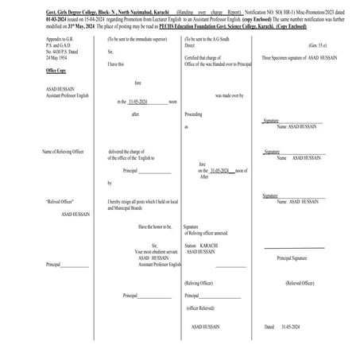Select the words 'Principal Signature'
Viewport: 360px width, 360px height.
pyautogui.click(x=292, y=257)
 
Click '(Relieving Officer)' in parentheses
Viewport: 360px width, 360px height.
pyautogui.click(x=203, y=283)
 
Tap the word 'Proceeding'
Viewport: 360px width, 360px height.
pyautogui.click(x=194, y=114)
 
